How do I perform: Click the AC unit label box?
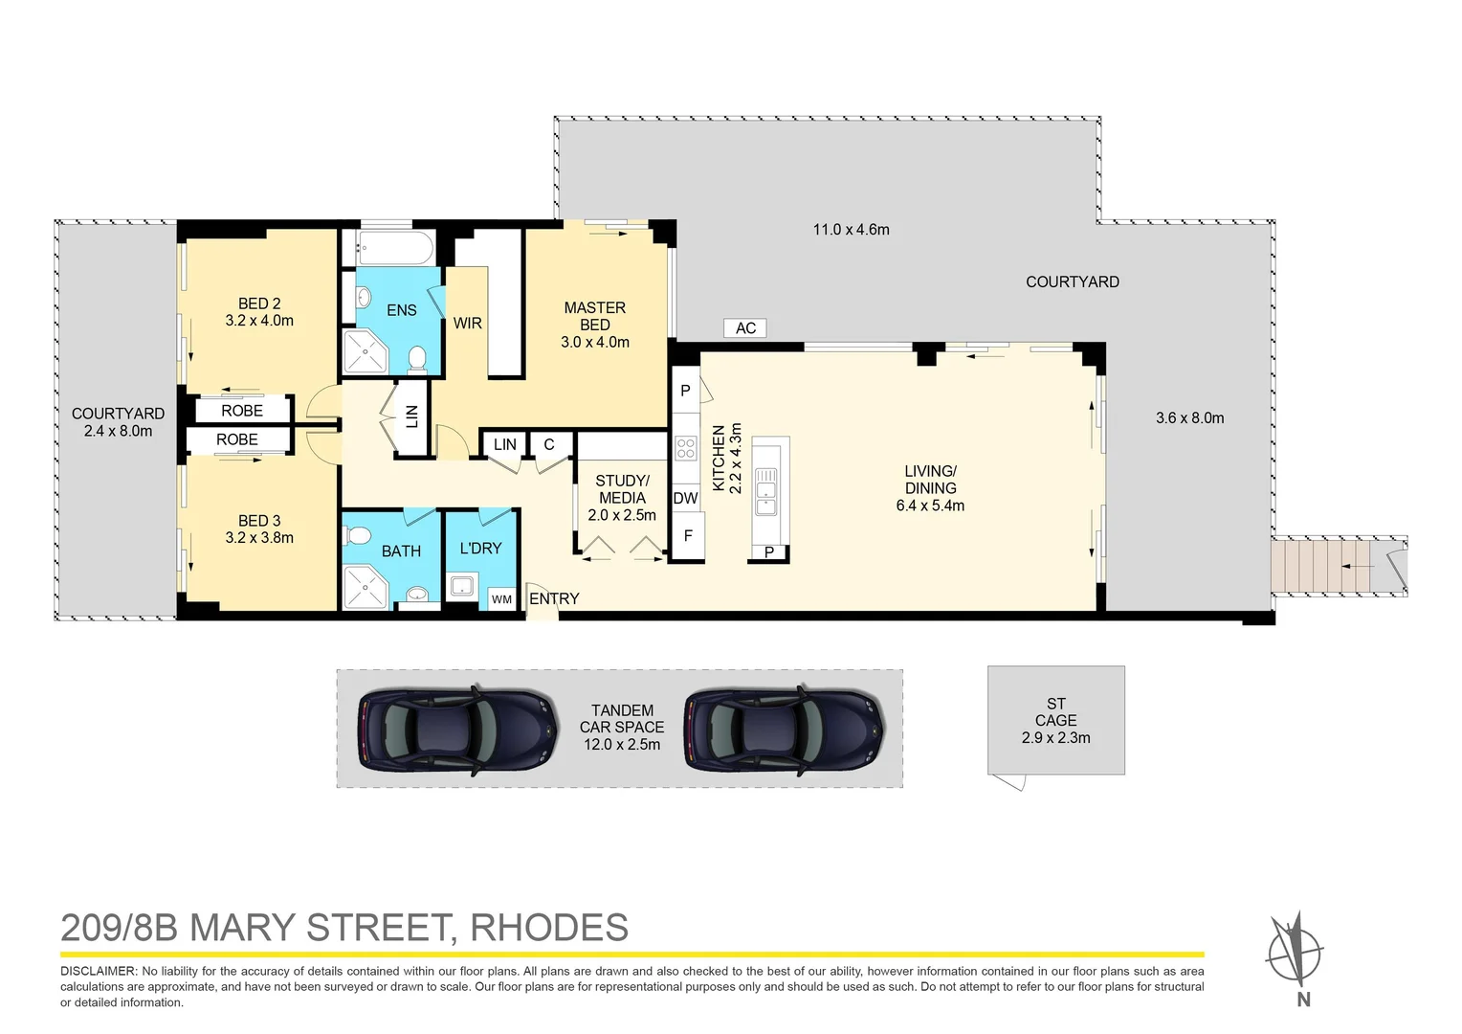click(745, 328)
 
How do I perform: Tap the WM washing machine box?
click(502, 599)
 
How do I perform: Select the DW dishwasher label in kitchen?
click(685, 498)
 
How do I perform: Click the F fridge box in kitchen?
click(687, 536)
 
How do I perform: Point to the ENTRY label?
click(554, 598)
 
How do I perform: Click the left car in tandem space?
click(458, 730)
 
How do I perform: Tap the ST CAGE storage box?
click(1055, 720)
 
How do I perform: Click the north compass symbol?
click(1295, 954)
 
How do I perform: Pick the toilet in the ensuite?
click(416, 359)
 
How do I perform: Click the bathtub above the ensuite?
click(395, 248)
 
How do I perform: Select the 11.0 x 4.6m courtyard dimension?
click(851, 230)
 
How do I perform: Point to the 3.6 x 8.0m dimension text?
click(1189, 417)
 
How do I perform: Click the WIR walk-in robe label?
click(467, 324)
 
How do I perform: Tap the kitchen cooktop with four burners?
click(685, 448)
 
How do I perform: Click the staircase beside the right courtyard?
click(1320, 567)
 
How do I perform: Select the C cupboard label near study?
click(549, 444)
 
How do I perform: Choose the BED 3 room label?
click(259, 521)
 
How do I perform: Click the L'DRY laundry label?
click(480, 549)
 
